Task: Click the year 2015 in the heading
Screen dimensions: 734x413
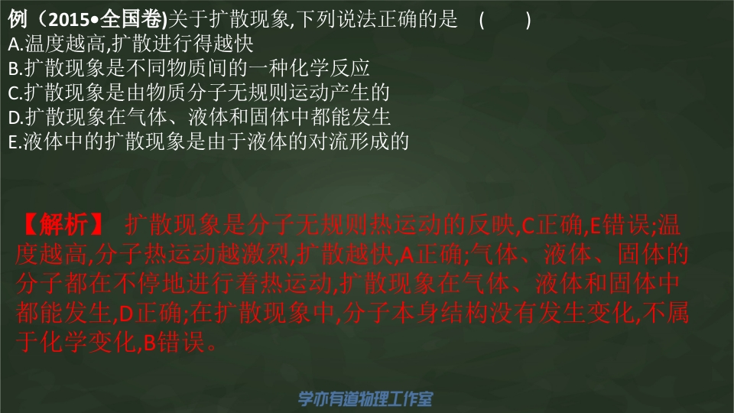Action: click(69, 19)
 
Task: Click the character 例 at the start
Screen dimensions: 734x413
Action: click(18, 19)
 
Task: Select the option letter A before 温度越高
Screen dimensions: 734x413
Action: click(14, 44)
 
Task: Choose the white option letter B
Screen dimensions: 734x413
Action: click(14, 69)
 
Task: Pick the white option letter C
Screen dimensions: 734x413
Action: click(14, 93)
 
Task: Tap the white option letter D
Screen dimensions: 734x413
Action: click(14, 118)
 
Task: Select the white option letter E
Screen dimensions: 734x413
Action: click(13, 142)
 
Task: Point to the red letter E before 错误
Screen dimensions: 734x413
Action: click(596, 226)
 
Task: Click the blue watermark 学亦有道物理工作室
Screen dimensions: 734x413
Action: click(365, 399)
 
